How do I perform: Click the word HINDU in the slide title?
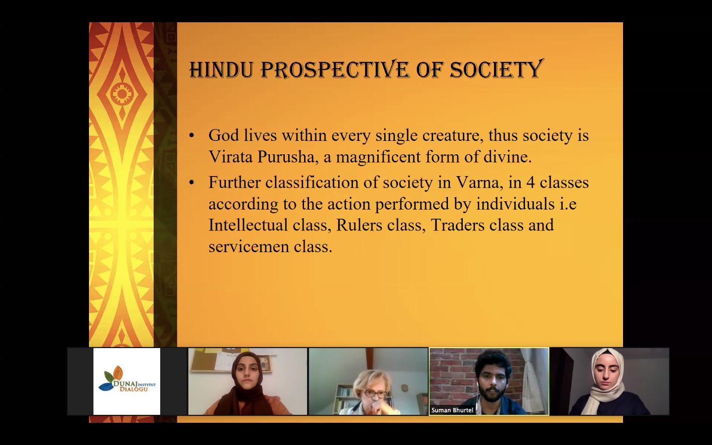click(222, 70)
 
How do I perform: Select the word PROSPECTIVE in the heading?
click(334, 69)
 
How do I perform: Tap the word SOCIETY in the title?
click(496, 69)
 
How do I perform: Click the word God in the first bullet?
click(223, 135)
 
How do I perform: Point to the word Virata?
click(230, 156)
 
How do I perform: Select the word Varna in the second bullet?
click(480, 182)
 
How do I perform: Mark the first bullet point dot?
click(191, 135)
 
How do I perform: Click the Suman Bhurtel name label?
click(452, 410)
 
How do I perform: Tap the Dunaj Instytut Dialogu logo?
click(127, 381)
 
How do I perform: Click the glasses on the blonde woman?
click(375, 394)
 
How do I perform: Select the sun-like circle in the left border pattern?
click(122, 94)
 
